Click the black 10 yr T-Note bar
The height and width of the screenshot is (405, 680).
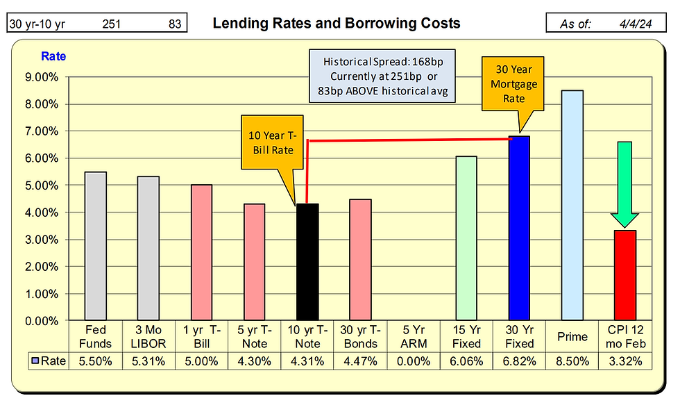pos(307,262)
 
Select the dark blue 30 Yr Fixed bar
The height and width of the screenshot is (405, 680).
pos(518,229)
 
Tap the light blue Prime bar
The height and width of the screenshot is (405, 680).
pos(572,206)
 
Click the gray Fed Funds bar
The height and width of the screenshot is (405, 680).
pos(95,246)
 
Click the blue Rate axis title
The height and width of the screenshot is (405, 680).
pos(53,56)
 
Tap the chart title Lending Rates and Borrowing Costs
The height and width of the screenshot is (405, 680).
pos(336,24)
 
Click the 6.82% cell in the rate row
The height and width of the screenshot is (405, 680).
pos(520,361)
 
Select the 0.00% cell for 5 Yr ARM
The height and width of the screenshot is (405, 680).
pos(413,361)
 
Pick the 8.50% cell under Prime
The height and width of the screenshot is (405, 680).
pos(572,361)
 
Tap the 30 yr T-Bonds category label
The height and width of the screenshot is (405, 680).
pos(361,337)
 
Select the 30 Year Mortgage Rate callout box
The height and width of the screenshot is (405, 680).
pos(515,83)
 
